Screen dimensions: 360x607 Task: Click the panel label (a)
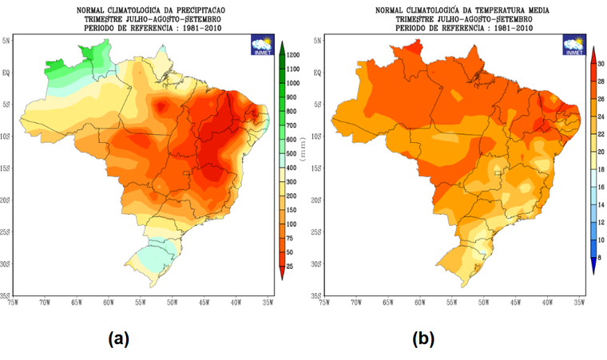pos(118,338)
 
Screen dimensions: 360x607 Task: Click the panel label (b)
pos(423,338)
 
